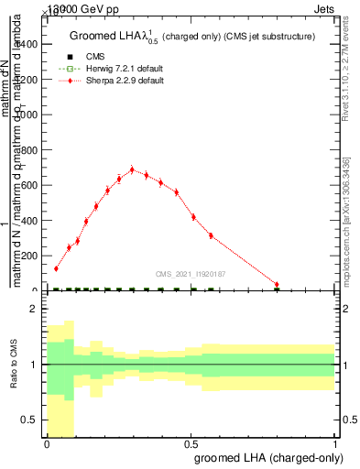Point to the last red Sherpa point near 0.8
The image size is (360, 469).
pyautogui.click(x=277, y=285)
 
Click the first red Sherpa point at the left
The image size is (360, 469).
pyautogui.click(x=56, y=268)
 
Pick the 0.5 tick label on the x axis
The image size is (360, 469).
pyautogui.click(x=191, y=443)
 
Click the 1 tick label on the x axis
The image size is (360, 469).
pyautogui.click(x=335, y=443)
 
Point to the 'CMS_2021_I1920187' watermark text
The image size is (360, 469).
pyautogui.click(x=191, y=273)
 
